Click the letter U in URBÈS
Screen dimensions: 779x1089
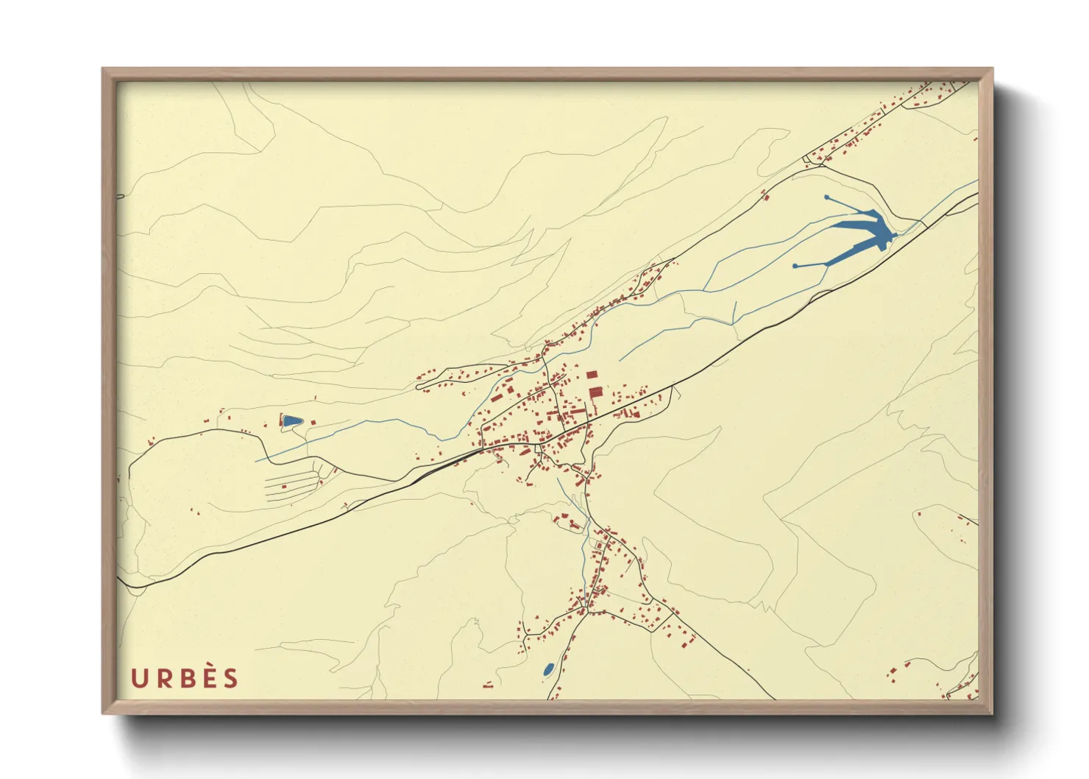pyautogui.click(x=138, y=678)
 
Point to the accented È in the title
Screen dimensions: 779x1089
pyautogui.click(x=209, y=677)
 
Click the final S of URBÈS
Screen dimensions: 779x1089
pyautogui.click(x=231, y=678)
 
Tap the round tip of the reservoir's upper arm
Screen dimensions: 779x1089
pyautogui.click(x=826, y=197)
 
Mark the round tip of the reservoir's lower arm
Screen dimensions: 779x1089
pyautogui.click(x=795, y=265)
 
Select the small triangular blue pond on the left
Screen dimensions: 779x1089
pyautogui.click(x=291, y=420)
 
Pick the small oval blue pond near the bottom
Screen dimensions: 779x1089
pyautogui.click(x=548, y=669)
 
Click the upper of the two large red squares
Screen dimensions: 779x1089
pyautogui.click(x=592, y=376)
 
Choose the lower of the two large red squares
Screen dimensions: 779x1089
pyautogui.click(x=595, y=392)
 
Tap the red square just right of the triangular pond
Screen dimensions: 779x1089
pyautogui.click(x=313, y=422)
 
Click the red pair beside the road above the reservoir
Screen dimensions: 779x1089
pyautogui.click(x=765, y=195)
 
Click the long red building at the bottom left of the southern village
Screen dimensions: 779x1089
pyautogui.click(x=488, y=686)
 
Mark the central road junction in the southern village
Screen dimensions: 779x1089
pyautogui.click(x=589, y=611)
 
